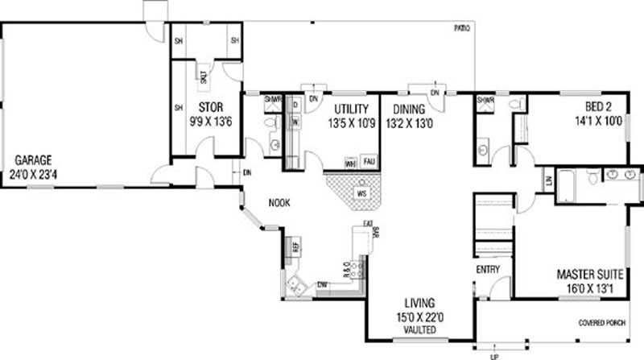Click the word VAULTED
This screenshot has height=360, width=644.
[x=419, y=330]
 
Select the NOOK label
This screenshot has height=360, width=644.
[x=280, y=203]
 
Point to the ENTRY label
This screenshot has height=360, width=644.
[x=489, y=269]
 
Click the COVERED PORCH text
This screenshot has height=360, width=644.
[x=602, y=324]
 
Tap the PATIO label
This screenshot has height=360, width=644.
[x=461, y=28]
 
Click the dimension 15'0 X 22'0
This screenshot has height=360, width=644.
[x=419, y=317]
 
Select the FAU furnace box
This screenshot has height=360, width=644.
[x=369, y=161]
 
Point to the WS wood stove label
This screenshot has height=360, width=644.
[x=363, y=193]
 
